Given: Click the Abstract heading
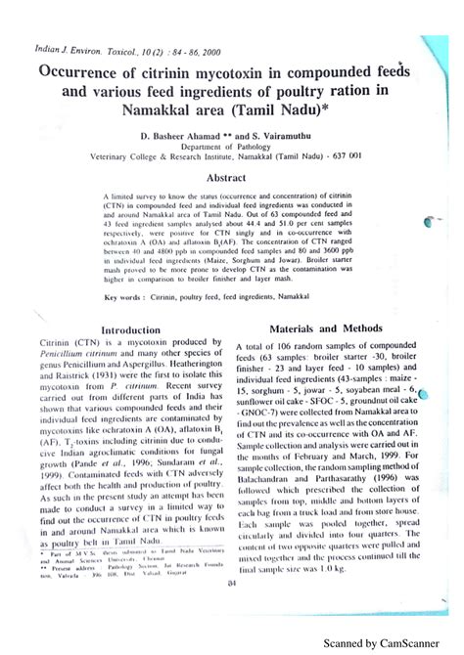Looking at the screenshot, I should pos(232,178).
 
